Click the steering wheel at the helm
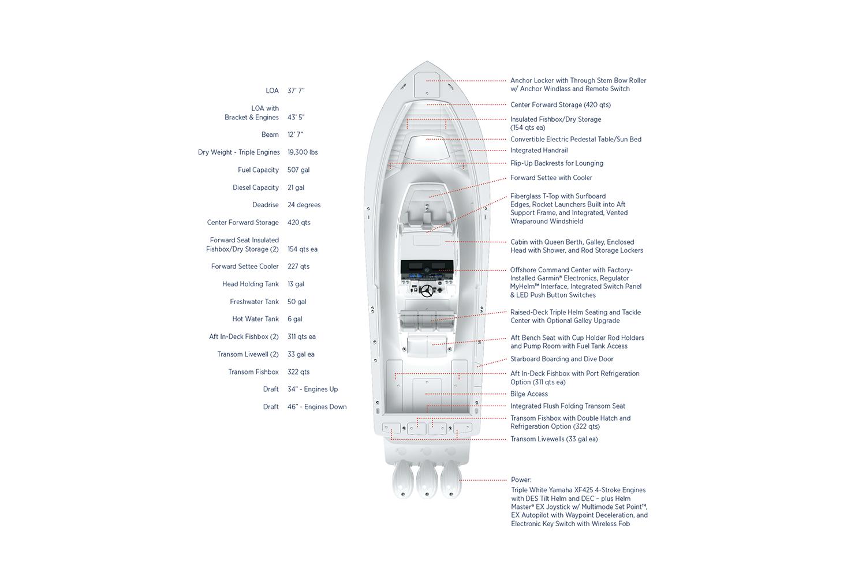point(427,291)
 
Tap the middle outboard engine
point(427,479)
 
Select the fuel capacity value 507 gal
point(298,170)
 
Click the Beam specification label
point(270,134)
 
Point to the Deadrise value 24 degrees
point(304,205)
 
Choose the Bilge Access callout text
point(529,394)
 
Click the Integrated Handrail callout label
point(539,151)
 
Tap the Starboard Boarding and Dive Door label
point(562,359)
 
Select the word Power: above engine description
point(521,479)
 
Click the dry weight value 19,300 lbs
point(303,152)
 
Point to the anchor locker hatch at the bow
point(427,85)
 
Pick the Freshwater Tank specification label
point(254,301)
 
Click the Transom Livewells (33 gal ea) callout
point(554,439)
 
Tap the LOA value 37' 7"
point(296,91)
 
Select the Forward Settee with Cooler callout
point(551,178)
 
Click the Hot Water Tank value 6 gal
point(294,319)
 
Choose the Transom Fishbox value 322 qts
point(298,372)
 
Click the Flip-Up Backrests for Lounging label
point(557,163)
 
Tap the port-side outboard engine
point(402,479)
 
